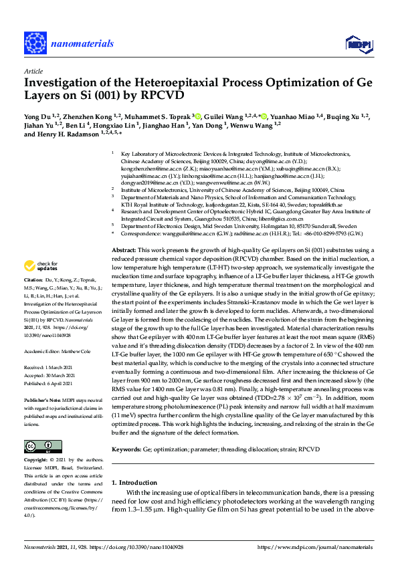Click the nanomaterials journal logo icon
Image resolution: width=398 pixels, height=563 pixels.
click(x=35, y=42)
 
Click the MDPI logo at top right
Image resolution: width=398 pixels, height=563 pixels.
click(x=359, y=44)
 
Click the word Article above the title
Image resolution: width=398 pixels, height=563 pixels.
click(x=33, y=70)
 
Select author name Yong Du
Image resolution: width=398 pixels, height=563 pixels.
click(x=37, y=117)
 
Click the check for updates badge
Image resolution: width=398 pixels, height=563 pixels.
click(x=43, y=265)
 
